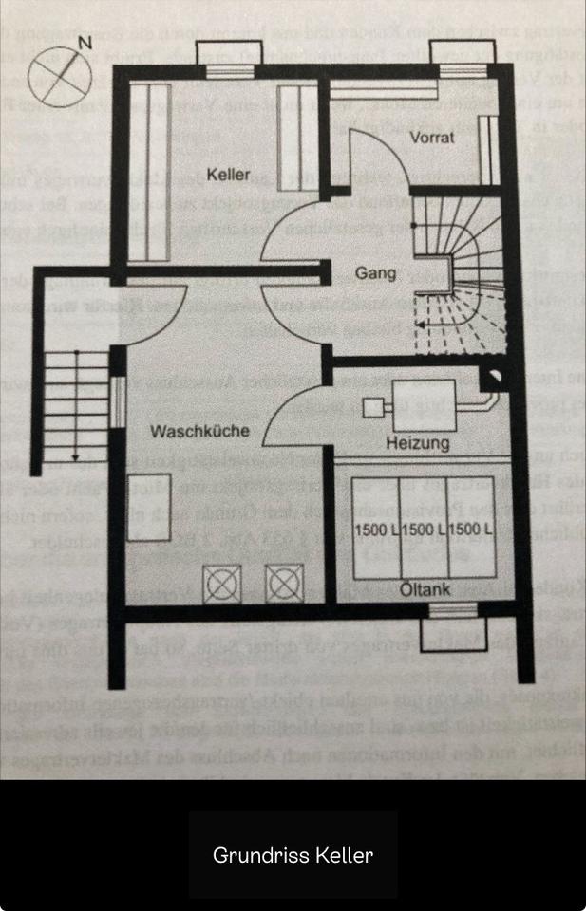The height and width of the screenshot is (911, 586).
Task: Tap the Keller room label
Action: (x=229, y=175)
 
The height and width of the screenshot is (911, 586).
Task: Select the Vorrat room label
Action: (x=431, y=138)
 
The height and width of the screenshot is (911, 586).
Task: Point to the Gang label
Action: (x=375, y=273)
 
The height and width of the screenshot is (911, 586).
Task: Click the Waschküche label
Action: (x=199, y=431)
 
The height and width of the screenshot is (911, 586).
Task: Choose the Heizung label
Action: (x=418, y=443)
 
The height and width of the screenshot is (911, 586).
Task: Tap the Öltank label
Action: (x=424, y=590)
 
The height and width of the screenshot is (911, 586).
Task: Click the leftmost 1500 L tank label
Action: (x=376, y=530)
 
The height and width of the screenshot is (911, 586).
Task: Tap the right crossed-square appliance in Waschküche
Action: (x=284, y=583)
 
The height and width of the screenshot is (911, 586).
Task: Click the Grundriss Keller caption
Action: (x=293, y=855)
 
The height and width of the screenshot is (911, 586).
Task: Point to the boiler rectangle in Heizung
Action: (x=423, y=403)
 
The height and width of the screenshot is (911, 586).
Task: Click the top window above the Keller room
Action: (x=224, y=59)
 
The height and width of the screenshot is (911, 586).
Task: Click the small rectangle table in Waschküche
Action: (x=151, y=497)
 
